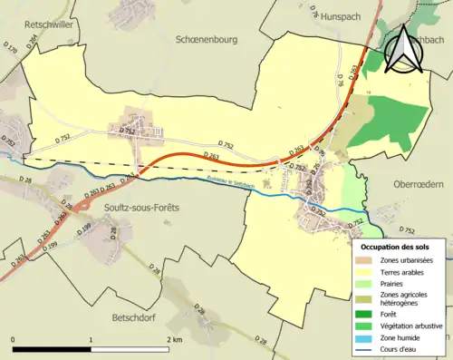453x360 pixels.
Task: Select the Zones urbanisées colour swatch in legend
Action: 365,261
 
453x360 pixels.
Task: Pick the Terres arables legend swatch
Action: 365,272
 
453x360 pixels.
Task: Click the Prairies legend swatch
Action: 365,283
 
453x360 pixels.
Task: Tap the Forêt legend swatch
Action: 365,306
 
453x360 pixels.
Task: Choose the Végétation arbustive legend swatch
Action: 365,316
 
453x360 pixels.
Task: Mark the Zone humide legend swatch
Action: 365,327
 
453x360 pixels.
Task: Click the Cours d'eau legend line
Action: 365,338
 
